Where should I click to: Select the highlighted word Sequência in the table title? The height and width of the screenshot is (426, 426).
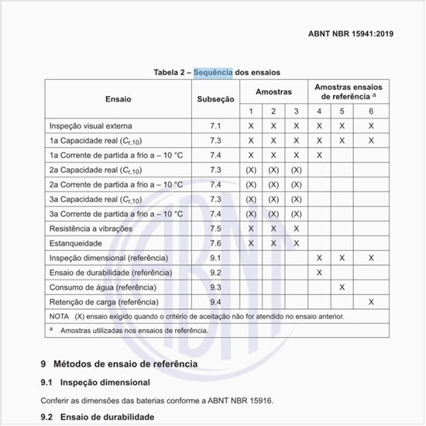[213, 72]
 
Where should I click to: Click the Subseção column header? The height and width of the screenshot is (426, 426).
[215, 99]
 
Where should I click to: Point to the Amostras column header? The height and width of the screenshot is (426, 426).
[273, 91]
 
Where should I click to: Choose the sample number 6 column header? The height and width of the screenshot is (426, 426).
[371, 112]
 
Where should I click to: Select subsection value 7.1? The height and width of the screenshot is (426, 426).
[215, 125]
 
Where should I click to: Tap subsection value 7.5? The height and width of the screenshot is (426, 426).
[215, 228]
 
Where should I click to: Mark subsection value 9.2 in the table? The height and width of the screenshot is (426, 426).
[215, 273]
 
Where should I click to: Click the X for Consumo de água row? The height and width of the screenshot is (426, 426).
[342, 287]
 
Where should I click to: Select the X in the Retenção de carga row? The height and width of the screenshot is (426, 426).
[371, 301]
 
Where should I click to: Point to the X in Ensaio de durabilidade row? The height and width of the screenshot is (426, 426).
[319, 273]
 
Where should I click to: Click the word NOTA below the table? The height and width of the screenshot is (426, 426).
[59, 316]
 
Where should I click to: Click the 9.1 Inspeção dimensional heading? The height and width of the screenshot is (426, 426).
[95, 383]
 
